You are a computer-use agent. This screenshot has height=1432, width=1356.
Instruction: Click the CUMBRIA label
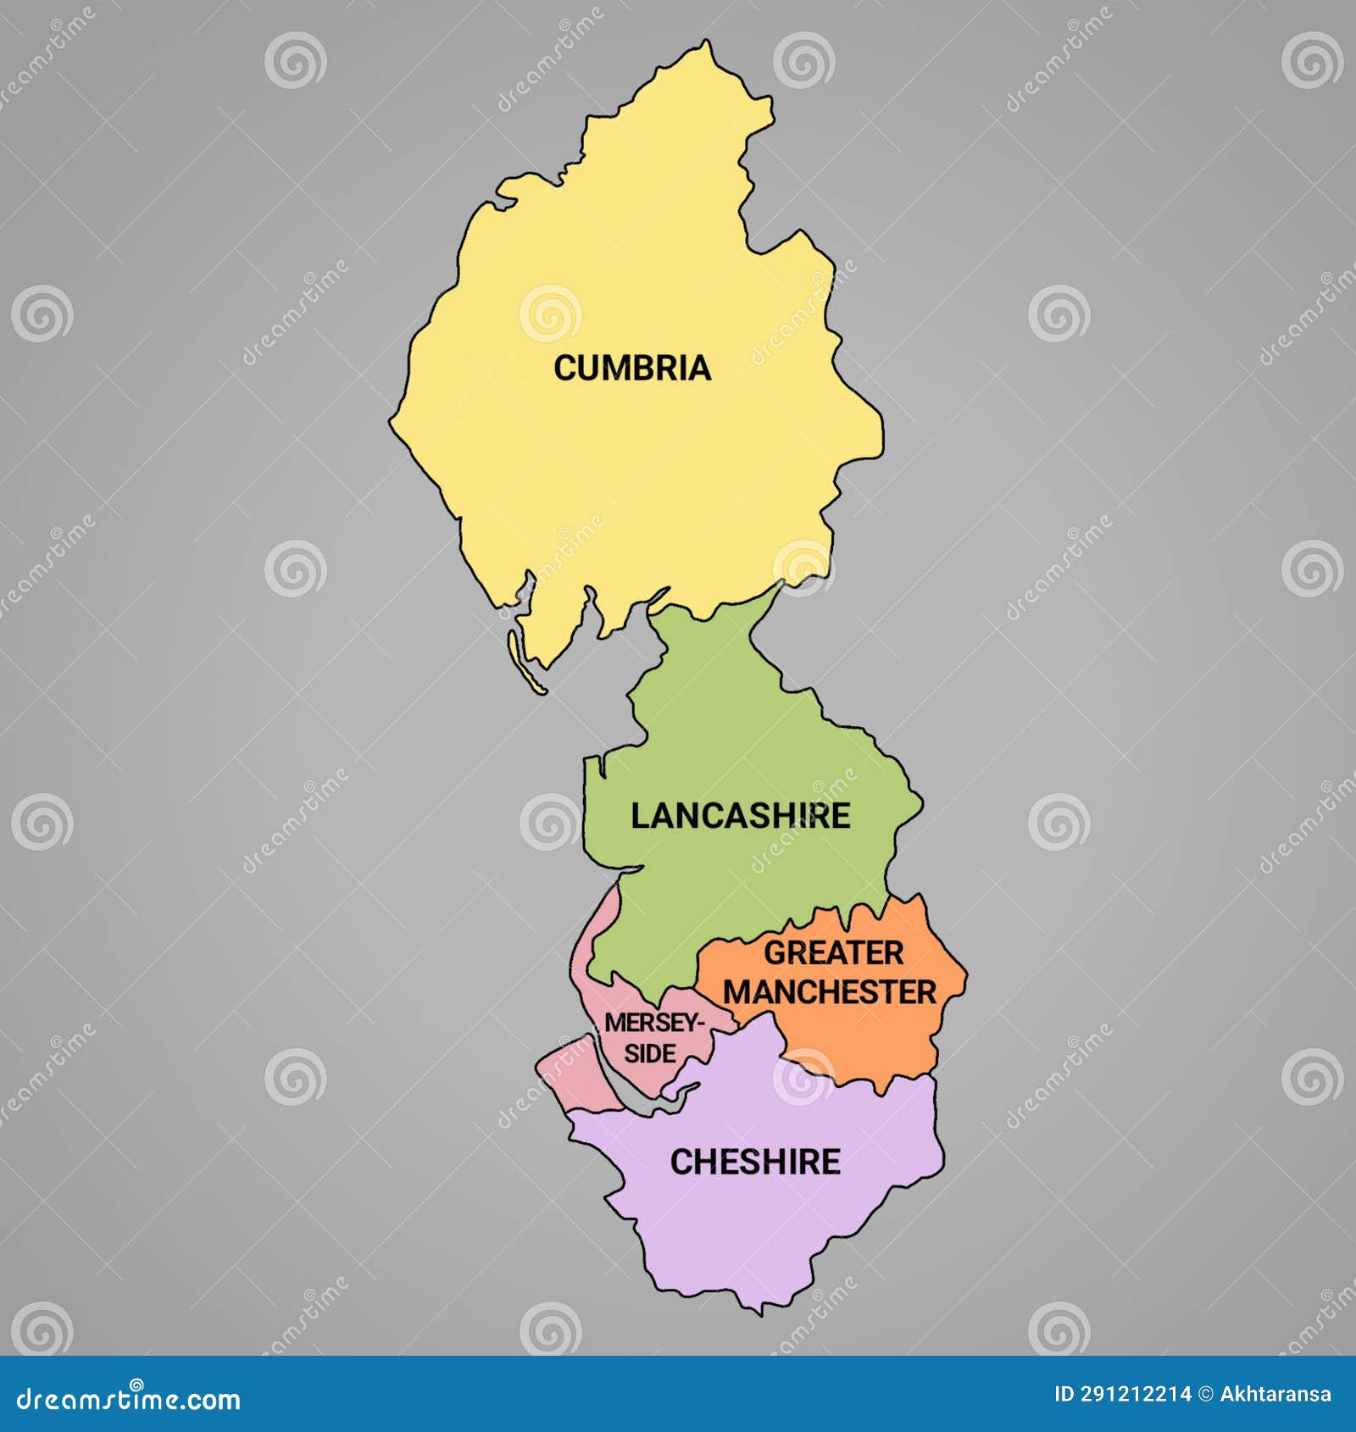[631, 368]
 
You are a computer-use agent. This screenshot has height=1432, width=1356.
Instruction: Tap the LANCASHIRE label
[740, 815]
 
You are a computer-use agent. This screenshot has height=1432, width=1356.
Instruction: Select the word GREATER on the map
[833, 952]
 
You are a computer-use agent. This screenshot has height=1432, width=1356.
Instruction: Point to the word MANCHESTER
[829, 991]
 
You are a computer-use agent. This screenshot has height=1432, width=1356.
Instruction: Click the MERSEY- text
[653, 1023]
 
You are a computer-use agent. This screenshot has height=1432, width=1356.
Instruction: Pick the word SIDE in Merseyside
[650, 1053]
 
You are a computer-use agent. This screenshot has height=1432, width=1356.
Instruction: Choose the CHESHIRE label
[755, 1162]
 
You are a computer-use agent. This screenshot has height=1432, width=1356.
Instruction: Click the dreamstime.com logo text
[129, 1399]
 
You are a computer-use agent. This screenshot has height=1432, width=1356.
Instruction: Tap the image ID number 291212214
[1136, 1394]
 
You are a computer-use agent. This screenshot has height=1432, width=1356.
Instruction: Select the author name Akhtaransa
[1275, 1394]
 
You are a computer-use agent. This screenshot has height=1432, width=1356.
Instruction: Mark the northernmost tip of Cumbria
[706, 42]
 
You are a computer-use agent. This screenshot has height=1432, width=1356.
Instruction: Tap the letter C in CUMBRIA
[564, 368]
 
